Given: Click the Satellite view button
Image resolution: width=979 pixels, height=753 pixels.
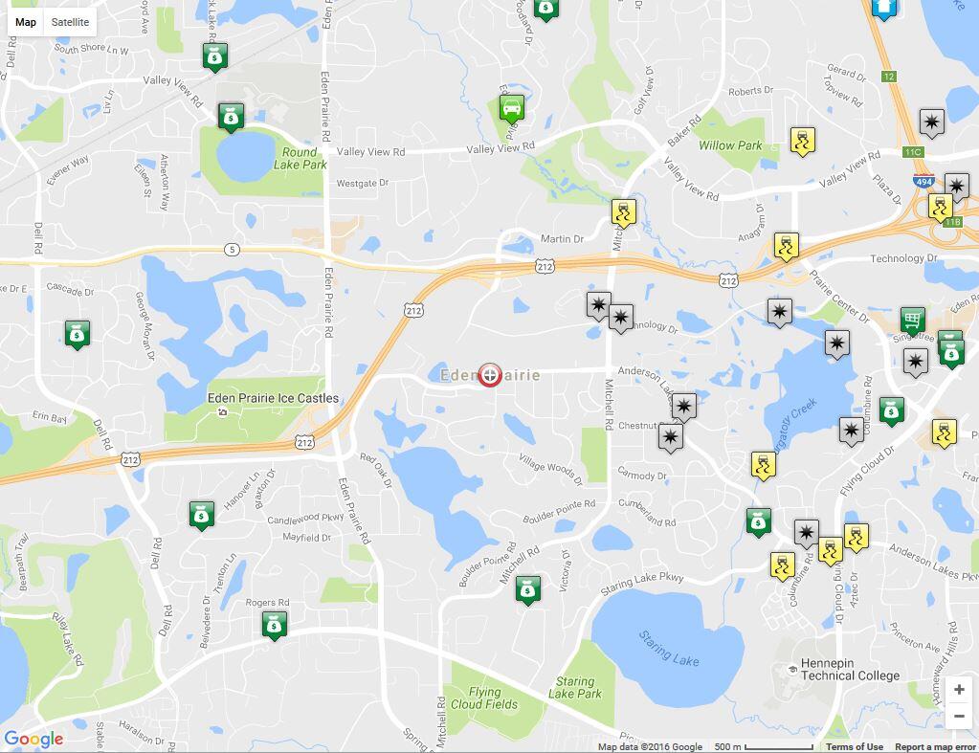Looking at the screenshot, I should pyautogui.click(x=70, y=22).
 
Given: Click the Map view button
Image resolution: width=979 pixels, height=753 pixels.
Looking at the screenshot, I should pyautogui.click(x=26, y=22).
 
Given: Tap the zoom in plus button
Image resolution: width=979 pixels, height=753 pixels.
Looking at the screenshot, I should pyautogui.click(x=959, y=690).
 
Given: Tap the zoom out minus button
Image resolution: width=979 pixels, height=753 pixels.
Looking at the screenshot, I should pyautogui.click(x=959, y=717).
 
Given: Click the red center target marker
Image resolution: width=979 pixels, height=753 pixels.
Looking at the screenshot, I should pyautogui.click(x=489, y=375).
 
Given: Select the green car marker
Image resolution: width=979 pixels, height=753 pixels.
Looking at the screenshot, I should pyautogui.click(x=512, y=108).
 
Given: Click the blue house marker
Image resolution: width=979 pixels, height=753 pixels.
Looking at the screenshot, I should pyautogui.click(x=884, y=9).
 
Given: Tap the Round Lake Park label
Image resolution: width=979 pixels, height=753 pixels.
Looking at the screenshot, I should pyautogui.click(x=300, y=159).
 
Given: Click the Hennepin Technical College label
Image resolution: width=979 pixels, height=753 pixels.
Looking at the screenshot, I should pyautogui.click(x=850, y=669).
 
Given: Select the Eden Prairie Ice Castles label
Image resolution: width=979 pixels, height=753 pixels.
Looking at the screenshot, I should pyautogui.click(x=273, y=398).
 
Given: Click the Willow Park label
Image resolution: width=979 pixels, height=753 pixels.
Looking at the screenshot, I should pyautogui.click(x=730, y=145).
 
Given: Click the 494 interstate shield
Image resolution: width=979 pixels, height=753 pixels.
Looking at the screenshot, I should pyautogui.click(x=923, y=181).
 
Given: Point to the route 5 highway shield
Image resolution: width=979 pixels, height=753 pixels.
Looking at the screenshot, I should pyautogui.click(x=233, y=250).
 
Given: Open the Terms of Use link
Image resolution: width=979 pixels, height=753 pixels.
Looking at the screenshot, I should pyautogui.click(x=855, y=747).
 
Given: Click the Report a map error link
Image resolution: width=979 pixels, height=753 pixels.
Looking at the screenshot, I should pyautogui.click(x=935, y=747).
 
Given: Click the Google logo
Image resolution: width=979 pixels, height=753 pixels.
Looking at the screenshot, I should pyautogui.click(x=33, y=739).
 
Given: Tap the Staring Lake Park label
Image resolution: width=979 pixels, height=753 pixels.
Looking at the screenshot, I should pyautogui.click(x=574, y=688).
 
